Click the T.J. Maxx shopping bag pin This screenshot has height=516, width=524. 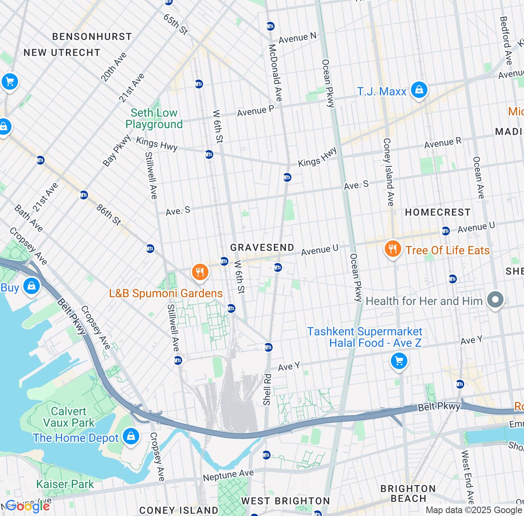[419, 90]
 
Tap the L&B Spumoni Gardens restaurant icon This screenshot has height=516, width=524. [200, 272]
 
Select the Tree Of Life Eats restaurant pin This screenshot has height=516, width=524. [393, 249]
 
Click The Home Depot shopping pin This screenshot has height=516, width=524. [131, 437]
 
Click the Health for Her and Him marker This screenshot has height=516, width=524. [495, 300]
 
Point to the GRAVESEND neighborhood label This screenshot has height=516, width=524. [262, 247]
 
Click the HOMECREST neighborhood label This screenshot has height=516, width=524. [438, 212]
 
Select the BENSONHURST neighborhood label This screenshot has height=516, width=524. [92, 36]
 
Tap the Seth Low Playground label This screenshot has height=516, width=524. [154, 118]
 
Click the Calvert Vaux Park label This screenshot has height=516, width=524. [69, 417]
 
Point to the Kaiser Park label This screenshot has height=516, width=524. [65, 484]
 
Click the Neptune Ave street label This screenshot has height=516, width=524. [228, 475]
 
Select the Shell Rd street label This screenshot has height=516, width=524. [267, 389]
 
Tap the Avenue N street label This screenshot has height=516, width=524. [298, 38]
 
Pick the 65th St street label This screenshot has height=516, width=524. [176, 24]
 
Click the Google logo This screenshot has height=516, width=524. [27, 507]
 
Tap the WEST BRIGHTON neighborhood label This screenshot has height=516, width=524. [285, 501]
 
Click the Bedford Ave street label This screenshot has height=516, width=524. [506, 40]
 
